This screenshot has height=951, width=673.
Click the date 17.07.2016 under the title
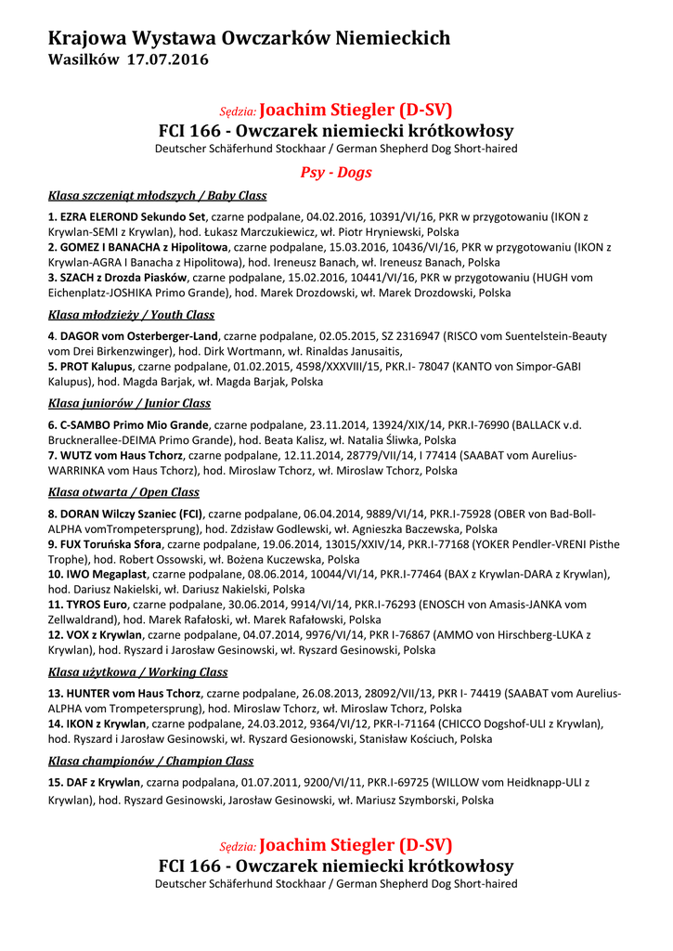tap(168, 60)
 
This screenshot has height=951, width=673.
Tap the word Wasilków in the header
tap(83, 60)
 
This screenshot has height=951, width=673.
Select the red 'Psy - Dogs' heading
tap(335, 173)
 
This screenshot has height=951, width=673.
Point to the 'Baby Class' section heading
tap(157, 196)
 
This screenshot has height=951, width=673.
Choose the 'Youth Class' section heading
tap(131, 315)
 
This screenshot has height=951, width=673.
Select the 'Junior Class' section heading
tap(129, 404)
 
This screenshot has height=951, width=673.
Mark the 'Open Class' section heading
tap(123, 492)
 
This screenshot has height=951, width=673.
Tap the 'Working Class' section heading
tap(137, 672)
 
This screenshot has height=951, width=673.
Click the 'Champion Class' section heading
tap(150, 762)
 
